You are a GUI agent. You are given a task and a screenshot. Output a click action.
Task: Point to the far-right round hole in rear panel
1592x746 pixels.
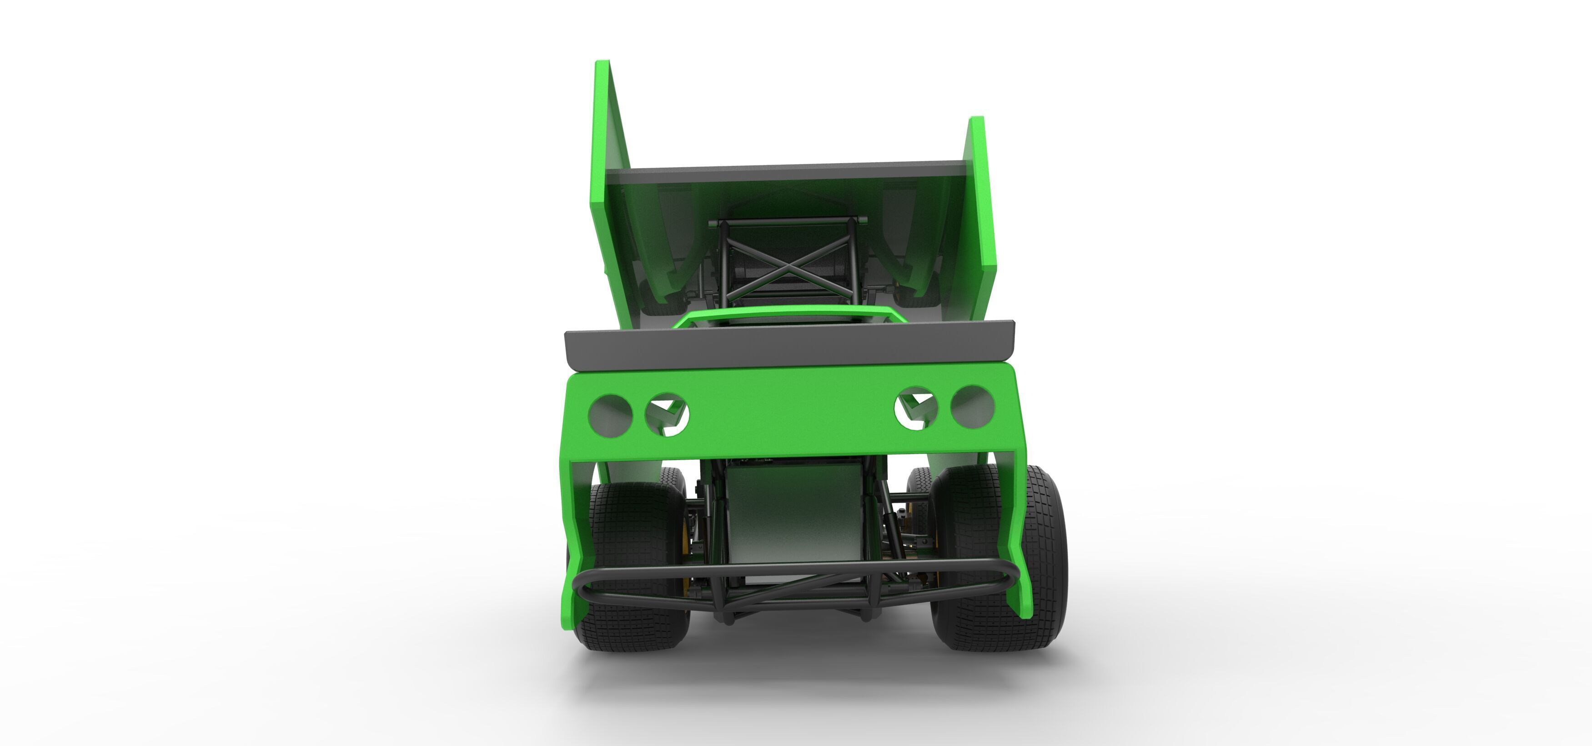[x=972, y=406]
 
